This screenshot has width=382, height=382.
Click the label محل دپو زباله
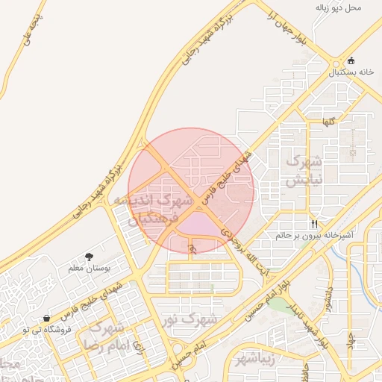338,7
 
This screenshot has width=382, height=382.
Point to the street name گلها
329,120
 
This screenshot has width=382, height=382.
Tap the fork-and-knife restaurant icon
315,224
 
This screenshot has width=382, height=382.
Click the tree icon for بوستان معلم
90,256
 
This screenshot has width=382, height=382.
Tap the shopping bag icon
47,318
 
